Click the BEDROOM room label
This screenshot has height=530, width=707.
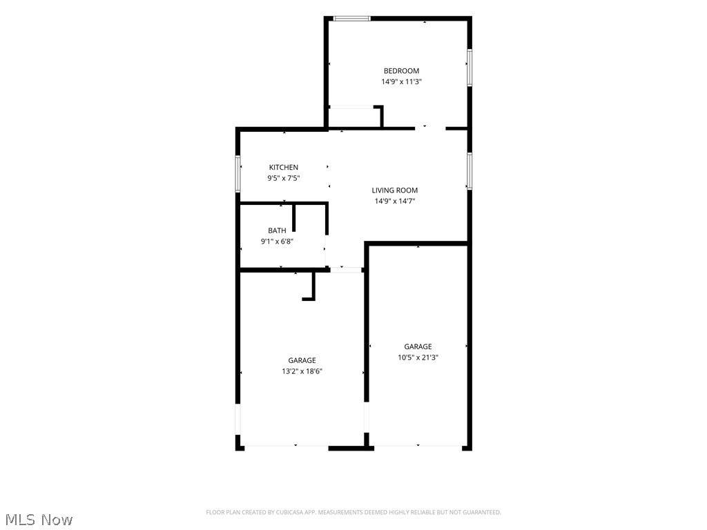click(x=401, y=71)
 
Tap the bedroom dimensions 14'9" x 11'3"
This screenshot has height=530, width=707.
click(x=401, y=82)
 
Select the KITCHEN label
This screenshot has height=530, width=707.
click(x=284, y=167)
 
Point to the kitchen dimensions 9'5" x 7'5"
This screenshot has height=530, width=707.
click(x=284, y=179)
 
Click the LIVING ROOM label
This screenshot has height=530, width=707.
click(x=394, y=190)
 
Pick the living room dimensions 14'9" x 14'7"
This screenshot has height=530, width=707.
click(x=394, y=202)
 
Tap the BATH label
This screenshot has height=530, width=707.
click(x=277, y=230)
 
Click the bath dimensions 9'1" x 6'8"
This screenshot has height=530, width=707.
click(x=277, y=242)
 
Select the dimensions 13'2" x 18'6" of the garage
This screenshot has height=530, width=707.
click(x=302, y=372)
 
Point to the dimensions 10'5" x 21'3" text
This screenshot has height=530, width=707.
click(x=418, y=358)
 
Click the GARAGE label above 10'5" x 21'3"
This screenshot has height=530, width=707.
click(x=418, y=346)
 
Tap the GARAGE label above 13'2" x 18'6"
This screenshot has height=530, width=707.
click(x=302, y=360)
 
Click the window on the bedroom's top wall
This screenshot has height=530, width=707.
click(x=351, y=19)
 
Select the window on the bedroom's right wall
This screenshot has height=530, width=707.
click(x=469, y=67)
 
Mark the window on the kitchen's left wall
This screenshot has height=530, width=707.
click(x=238, y=174)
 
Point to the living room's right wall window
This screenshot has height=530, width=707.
click(x=469, y=171)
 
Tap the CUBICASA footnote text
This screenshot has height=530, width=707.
click(x=353, y=513)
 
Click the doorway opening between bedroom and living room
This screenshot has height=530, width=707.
click(x=430, y=128)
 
